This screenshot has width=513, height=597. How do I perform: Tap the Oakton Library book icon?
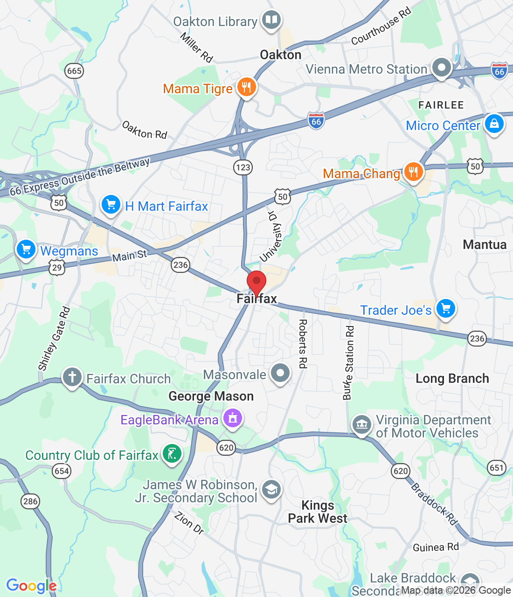[271, 20]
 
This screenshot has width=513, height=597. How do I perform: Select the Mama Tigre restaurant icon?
[246, 87]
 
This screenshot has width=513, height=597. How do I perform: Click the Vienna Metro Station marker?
[441, 68]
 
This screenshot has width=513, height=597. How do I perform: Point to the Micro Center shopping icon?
[494, 124]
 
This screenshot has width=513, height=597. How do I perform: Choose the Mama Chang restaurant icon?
[413, 172]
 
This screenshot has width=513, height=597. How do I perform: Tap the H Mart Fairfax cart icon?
[111, 205]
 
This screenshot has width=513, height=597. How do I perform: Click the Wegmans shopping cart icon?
[26, 249]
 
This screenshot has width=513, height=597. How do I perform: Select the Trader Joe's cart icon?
[446, 308]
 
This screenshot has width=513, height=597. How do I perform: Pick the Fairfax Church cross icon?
[72, 377]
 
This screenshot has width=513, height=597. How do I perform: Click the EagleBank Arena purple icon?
[233, 418]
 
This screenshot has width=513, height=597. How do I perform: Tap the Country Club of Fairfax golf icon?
[172, 453]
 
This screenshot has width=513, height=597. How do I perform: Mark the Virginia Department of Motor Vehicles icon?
[362, 425]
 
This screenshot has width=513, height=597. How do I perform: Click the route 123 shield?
[243, 167]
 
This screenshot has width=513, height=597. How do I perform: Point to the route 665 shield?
[75, 71]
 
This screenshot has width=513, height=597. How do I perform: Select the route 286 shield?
[30, 501]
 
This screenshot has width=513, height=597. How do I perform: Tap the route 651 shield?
[497, 468]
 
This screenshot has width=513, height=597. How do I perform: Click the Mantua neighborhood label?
[485, 245]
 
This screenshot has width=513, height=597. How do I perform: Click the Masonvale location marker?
[280, 373]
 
